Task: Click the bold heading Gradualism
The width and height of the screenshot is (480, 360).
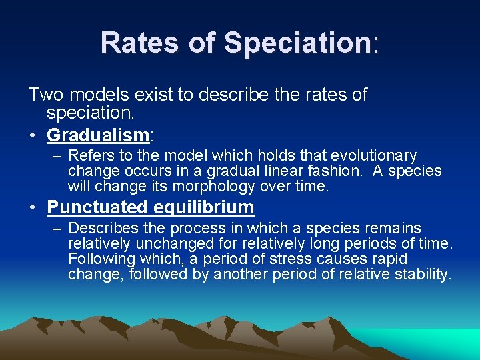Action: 97,135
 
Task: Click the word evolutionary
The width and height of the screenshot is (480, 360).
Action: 373,156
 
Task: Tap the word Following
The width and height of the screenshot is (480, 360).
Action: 100,259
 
